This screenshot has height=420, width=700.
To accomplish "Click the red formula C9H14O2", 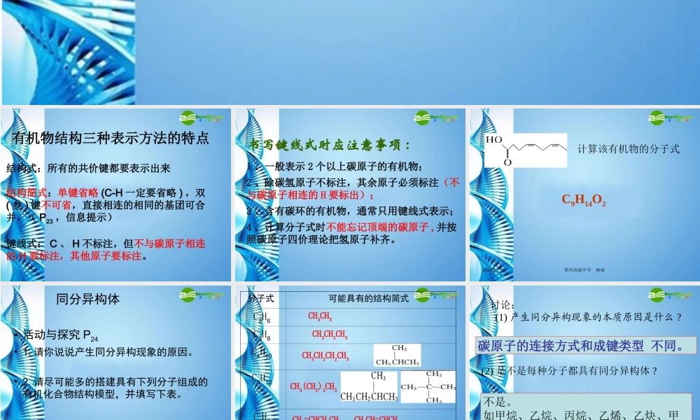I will pyautogui.click(x=584, y=201).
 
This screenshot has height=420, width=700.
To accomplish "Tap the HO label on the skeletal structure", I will pyautogui.click(x=494, y=139).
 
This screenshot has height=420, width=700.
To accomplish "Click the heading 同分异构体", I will pyautogui.click(x=87, y=299).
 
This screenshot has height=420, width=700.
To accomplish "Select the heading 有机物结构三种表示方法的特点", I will pyautogui.click(x=111, y=138).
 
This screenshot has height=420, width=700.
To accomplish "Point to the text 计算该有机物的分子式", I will pyautogui.click(x=628, y=148).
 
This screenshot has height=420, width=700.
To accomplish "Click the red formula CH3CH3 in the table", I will pyautogui.click(x=320, y=316).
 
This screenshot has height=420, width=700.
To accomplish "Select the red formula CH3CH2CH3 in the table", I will pyautogui.click(x=330, y=335).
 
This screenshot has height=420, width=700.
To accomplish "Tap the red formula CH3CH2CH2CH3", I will pyautogui.click(x=325, y=356).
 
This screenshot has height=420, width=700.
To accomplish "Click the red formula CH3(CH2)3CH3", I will pyautogui.click(x=313, y=387).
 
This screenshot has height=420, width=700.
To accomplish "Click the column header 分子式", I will pyautogui.click(x=261, y=298).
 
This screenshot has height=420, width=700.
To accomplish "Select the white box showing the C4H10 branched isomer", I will pyautogui.click(x=397, y=356).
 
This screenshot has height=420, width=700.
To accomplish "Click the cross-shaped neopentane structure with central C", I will pyautogui.click(x=428, y=386).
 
